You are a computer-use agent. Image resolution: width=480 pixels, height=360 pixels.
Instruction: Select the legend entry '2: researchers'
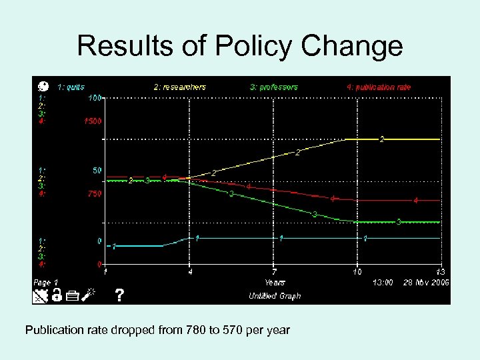pyautogui.click(x=180, y=87)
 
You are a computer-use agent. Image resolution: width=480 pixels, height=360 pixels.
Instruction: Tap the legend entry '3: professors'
pyautogui.click(x=274, y=87)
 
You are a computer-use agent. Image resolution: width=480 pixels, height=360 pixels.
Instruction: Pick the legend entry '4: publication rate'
pyautogui.click(x=379, y=87)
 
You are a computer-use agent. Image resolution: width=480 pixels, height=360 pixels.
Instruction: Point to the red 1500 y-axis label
pyautogui.click(x=92, y=121)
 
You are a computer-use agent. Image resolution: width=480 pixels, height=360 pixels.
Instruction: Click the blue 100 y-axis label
pyautogui.click(x=95, y=98)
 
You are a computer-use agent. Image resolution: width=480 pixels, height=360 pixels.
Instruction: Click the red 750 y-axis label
pyautogui.click(x=95, y=194)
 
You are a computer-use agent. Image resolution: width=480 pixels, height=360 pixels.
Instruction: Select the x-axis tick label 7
pyautogui.click(x=274, y=272)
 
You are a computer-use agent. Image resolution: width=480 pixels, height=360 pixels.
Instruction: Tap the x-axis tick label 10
pyautogui.click(x=357, y=272)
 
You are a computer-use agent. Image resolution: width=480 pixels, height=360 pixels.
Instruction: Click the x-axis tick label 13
pyautogui.click(x=441, y=272)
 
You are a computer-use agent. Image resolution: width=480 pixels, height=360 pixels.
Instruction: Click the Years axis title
pyautogui.click(x=275, y=283)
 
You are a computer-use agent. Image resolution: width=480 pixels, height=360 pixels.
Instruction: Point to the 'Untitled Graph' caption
pyautogui.click(x=275, y=295)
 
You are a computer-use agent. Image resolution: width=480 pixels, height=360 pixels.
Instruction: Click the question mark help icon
pyautogui.click(x=119, y=295)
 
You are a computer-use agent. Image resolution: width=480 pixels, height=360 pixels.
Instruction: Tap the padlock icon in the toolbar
pyautogui.click(x=57, y=295)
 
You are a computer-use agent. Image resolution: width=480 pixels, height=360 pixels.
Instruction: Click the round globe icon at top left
pyautogui.click(x=43, y=86)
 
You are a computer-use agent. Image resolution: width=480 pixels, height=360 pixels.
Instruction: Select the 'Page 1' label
pyautogui.click(x=46, y=283)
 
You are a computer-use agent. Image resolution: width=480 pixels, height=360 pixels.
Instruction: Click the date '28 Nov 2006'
pyautogui.click(x=426, y=283)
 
